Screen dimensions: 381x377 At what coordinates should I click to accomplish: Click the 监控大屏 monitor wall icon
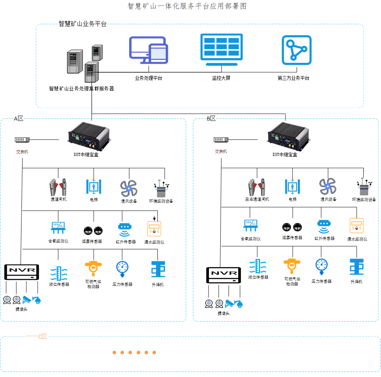tap(221, 50)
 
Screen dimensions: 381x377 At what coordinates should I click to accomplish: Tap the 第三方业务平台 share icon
tap(296, 50)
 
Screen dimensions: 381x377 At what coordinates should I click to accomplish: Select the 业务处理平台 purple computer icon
tap(148, 50)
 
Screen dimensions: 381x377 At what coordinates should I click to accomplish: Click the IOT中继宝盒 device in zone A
tap(89, 136)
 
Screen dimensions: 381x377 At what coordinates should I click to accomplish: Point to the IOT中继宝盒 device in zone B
tap(288, 136)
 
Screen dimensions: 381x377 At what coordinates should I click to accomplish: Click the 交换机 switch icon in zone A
tap(22, 140)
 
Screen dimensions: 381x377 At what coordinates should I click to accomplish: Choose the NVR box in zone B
tap(224, 275)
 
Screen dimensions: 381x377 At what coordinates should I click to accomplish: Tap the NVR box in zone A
tap(21, 272)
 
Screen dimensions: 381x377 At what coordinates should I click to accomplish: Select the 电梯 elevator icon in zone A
tap(93, 187)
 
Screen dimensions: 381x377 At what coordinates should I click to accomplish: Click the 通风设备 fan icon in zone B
tap(328, 187)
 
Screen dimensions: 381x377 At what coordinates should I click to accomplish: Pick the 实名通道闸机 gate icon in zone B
tap(257, 187)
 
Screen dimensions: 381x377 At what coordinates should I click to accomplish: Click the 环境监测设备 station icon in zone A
tap(161, 189)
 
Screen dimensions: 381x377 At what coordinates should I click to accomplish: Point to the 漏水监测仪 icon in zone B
tap(357, 226)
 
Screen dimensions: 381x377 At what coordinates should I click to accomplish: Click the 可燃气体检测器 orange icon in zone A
tap(93, 269)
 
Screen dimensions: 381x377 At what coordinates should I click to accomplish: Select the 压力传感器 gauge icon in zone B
tap(322, 267)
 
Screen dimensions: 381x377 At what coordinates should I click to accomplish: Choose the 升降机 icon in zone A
tap(158, 269)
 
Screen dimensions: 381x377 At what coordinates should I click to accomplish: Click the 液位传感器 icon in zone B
tap(258, 266)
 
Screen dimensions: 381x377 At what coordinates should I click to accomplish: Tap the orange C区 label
tap(43, 336)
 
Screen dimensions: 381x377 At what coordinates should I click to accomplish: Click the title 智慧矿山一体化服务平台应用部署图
tap(187, 6)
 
